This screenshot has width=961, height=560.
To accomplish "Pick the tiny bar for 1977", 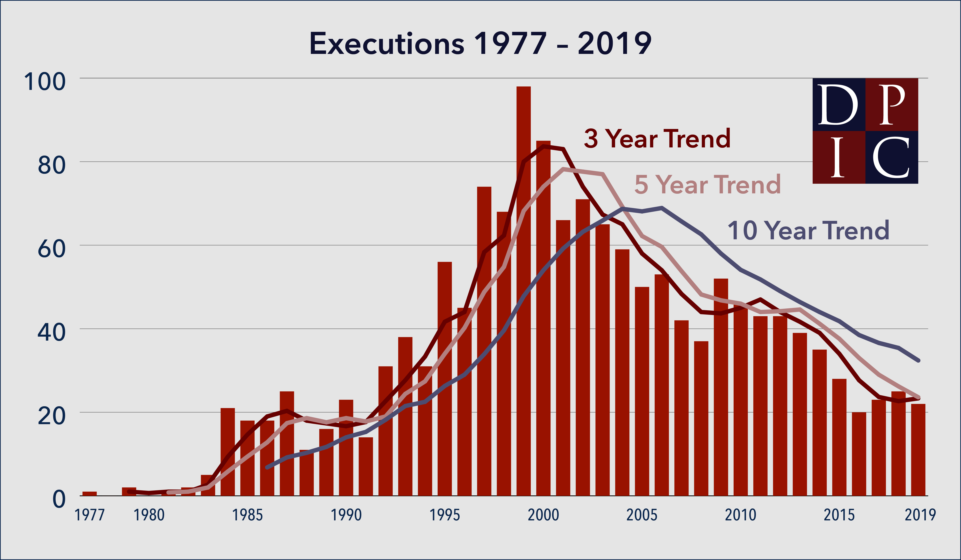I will point(90,494).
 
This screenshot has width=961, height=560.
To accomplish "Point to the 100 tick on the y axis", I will point(45,82).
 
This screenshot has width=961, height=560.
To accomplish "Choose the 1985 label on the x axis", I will point(247,515).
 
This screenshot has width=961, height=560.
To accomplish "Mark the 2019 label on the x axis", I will point(920,515).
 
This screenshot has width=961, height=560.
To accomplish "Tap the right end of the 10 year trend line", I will point(918,360).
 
